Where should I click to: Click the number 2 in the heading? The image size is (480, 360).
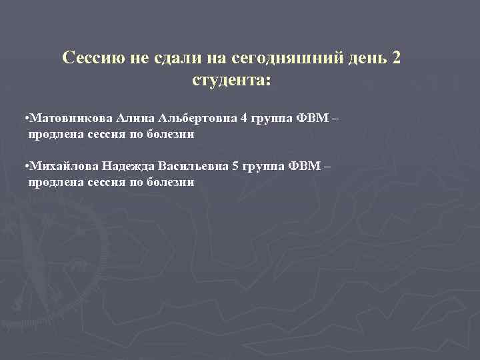[x=397, y=58]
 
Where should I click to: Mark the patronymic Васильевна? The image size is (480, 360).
[x=192, y=165]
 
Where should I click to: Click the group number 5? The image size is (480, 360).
[x=235, y=165]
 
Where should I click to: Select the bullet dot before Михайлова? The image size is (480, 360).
[x=25, y=166]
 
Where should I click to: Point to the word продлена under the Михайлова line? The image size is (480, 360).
[x=55, y=181]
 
